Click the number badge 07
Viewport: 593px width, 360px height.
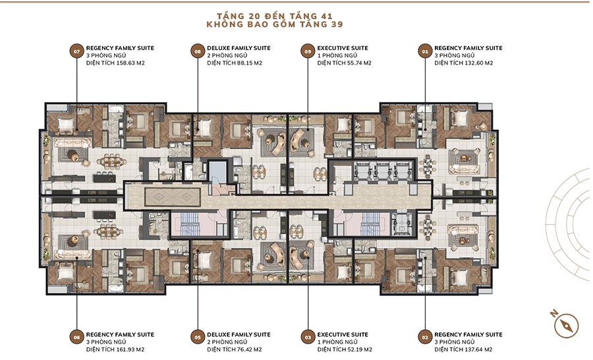pyautogui.click(x=77, y=51)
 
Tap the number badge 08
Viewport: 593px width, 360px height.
pyautogui.click(x=198, y=51)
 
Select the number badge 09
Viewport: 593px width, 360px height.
pyautogui.click(x=308, y=51)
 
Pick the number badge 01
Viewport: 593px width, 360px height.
pyautogui.click(x=425, y=51)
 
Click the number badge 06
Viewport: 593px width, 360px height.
pyautogui.click(x=77, y=338)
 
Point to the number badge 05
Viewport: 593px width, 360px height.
pyautogui.click(x=198, y=338)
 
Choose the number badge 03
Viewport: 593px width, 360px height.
pyautogui.click(x=308, y=338)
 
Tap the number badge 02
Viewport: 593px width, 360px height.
pyautogui.click(x=425, y=338)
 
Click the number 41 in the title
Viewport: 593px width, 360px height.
pyautogui.click(x=327, y=16)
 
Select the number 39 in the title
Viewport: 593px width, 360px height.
pyautogui.click(x=337, y=24)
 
